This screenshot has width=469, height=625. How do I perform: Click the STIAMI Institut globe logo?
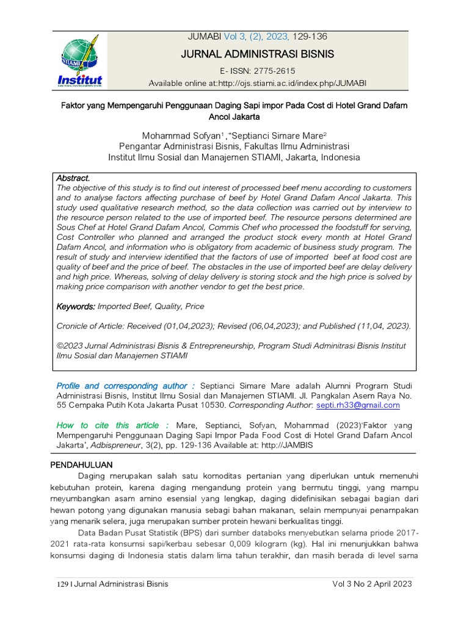(80, 61)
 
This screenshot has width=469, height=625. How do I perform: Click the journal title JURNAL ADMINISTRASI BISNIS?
(258, 54)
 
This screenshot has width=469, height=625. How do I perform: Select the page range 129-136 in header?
(310, 37)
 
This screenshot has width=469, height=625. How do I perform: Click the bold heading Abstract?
(73, 178)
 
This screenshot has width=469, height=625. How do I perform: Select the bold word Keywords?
(76, 306)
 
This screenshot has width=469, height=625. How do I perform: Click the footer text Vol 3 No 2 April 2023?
(372, 583)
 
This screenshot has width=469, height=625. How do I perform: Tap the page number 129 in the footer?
(61, 584)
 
